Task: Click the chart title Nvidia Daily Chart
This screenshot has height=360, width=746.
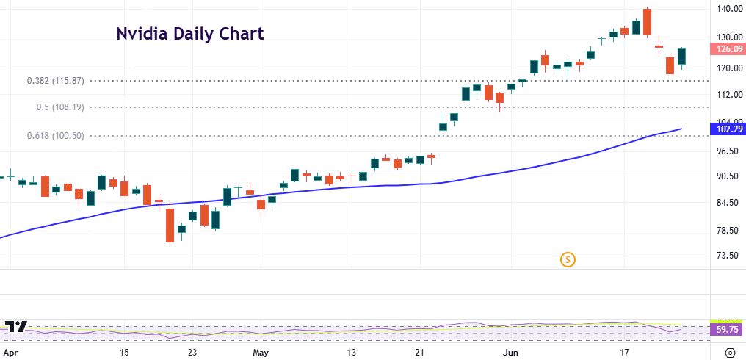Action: (190, 34)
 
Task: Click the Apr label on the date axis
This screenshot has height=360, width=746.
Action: (11, 353)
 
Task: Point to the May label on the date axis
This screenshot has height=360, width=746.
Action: (261, 353)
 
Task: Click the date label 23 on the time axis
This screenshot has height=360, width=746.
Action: (192, 353)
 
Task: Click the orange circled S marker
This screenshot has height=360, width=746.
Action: (567, 259)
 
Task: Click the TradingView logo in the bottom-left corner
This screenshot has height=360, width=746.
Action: (16, 328)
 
